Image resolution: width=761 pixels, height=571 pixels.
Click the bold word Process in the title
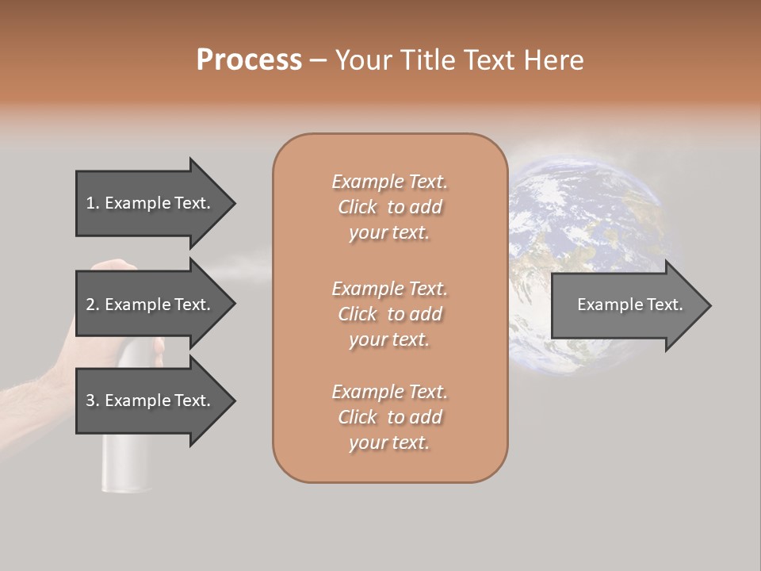pos(249,59)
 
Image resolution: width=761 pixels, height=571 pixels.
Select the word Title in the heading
pos(427,59)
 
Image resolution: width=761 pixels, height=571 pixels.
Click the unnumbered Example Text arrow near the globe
pos(630,305)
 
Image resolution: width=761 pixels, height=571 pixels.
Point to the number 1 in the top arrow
pos(90,203)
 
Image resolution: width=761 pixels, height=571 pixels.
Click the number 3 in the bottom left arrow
pos(90,400)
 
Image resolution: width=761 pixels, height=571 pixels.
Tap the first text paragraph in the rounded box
pos(389,207)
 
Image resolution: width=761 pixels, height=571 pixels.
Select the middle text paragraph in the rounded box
pos(389,314)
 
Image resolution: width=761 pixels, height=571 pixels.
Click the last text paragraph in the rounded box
pos(389,417)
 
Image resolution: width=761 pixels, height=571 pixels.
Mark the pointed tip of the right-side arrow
pos(709,305)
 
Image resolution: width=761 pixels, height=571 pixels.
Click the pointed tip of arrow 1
pos(234,203)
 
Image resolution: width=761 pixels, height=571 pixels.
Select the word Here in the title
pos(555,59)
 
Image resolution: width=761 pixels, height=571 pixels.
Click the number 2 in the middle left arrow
pos(90,305)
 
